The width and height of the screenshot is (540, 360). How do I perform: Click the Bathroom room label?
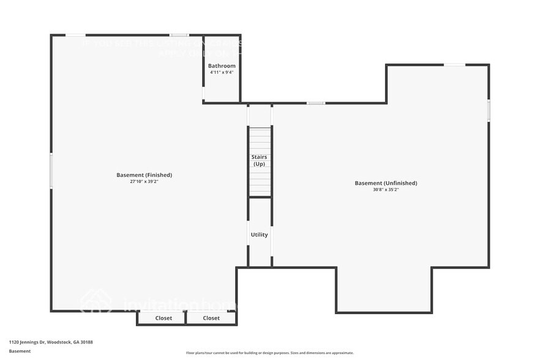[222, 66]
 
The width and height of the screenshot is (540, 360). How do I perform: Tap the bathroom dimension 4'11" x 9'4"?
[222, 72]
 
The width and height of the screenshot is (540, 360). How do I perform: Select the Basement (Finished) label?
[144, 175]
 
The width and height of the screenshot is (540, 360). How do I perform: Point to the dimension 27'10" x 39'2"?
[144, 181]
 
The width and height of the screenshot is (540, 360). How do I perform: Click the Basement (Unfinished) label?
[386, 183]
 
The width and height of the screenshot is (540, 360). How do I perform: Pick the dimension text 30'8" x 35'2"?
[386, 190]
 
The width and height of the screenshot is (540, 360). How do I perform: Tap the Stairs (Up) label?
[260, 160]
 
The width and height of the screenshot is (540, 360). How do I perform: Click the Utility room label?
[259, 234]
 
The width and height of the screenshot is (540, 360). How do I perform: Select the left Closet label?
[163, 318]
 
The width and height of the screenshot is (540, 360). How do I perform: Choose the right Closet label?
[211, 318]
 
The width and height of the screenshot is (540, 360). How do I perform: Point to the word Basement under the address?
[20, 351]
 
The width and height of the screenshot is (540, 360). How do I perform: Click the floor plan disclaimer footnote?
[270, 353]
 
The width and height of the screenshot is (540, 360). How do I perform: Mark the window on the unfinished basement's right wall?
[489, 110]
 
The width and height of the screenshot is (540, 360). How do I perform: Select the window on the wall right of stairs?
[316, 103]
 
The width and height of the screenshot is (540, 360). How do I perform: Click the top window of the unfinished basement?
[454, 65]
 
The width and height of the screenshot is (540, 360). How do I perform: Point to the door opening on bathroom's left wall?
[204, 92]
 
